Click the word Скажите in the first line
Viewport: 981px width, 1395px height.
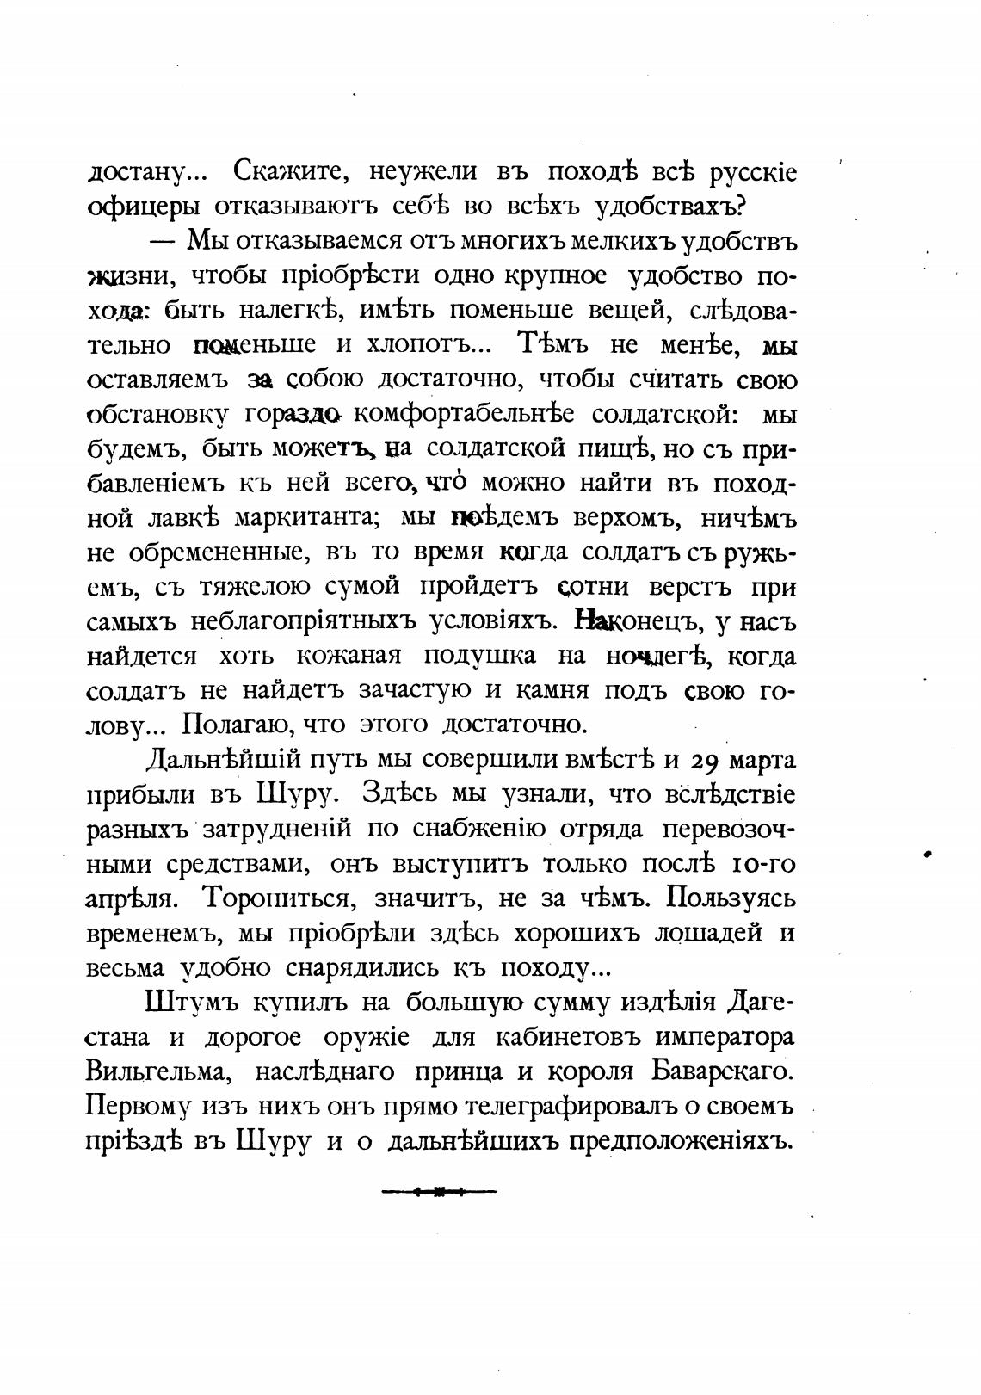click(x=288, y=172)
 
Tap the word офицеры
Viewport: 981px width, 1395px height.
click(x=143, y=208)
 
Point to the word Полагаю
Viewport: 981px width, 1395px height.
click(x=230, y=725)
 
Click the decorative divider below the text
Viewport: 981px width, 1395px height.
click(x=439, y=1192)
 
